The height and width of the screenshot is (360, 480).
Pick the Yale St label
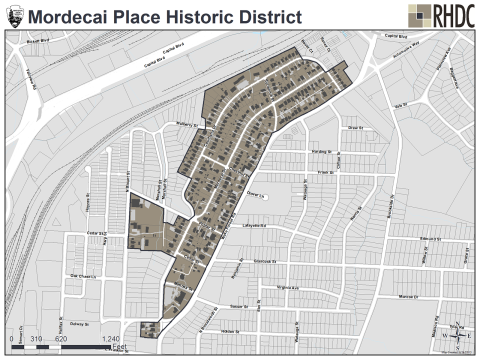(x=404, y=104)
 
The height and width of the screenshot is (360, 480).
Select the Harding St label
(x=321, y=151)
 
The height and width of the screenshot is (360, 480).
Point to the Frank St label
(x=323, y=173)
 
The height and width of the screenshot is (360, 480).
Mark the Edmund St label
(x=430, y=240)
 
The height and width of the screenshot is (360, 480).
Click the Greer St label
(x=353, y=128)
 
